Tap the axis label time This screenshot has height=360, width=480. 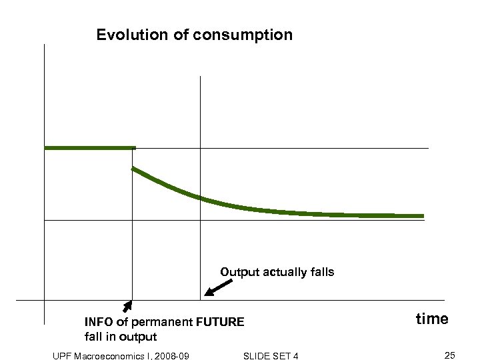pos(432,319)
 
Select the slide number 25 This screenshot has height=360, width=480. pos(449,355)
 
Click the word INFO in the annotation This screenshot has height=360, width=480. pos(99,322)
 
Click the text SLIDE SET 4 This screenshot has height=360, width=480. pos(271,356)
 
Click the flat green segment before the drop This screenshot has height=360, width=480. pos(89,147)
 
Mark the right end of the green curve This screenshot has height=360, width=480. pos(422,216)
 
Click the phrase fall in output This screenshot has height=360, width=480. pos(121,337)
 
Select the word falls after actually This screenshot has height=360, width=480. pos(321,272)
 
